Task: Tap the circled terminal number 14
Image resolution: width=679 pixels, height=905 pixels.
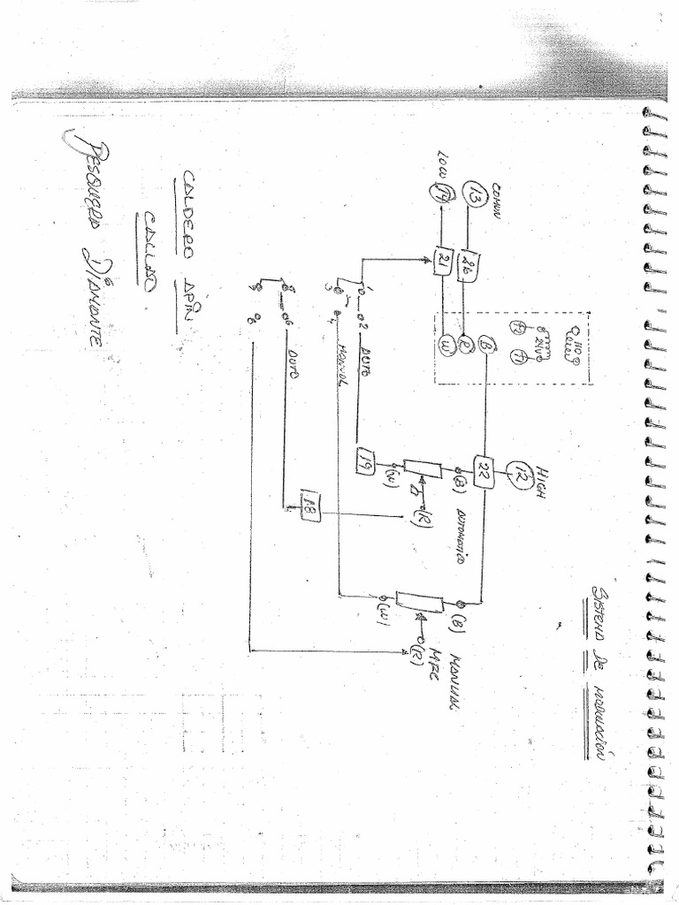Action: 439,192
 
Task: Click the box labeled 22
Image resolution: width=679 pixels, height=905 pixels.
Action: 484,467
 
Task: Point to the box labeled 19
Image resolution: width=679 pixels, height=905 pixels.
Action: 363,459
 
